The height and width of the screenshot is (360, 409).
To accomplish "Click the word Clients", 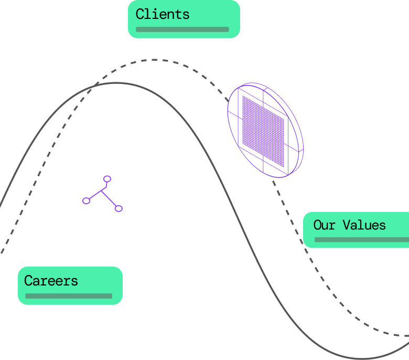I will point(163,14).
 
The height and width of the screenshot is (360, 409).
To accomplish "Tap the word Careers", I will point(51,281).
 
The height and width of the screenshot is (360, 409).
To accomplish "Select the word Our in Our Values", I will point(324,225).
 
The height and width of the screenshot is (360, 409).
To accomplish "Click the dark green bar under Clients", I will point(182,29).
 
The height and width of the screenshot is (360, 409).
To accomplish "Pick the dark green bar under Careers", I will point(69,296).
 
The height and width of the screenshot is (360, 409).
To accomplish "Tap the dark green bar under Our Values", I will point(361,240).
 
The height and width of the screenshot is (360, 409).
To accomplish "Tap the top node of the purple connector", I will point(107,179).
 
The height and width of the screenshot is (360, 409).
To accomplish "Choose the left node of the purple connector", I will point(87,200).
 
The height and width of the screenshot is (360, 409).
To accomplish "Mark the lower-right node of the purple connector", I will point(119,208).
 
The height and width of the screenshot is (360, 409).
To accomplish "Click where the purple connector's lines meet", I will point(101,191).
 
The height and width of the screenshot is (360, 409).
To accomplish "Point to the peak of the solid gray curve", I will point(116,83).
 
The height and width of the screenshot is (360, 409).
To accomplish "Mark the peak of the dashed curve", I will point(155,60).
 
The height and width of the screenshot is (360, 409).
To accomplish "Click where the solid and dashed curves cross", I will point(96,85).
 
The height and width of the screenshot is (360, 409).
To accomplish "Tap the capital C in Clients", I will point(140,14).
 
